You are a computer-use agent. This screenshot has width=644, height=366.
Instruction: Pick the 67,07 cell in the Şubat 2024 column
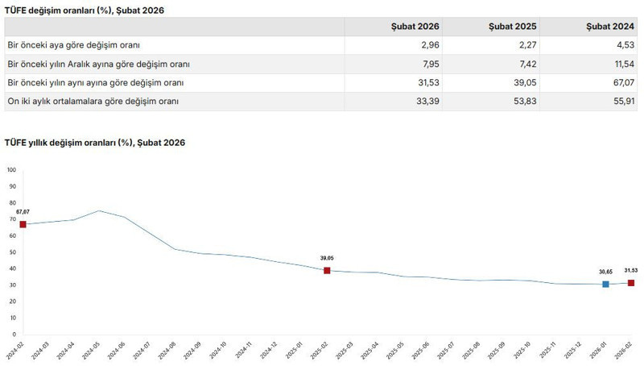(x=621, y=83)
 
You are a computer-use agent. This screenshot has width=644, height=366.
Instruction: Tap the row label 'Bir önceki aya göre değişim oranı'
(x=73, y=45)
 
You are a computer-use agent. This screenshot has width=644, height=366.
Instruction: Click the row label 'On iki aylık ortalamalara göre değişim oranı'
(x=93, y=102)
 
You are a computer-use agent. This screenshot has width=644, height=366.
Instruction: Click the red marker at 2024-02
(x=23, y=224)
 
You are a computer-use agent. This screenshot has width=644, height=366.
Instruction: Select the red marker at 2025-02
(x=327, y=271)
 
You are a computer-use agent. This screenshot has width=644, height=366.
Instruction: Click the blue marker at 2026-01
(x=605, y=284)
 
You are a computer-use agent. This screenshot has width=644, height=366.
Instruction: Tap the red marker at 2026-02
(x=630, y=283)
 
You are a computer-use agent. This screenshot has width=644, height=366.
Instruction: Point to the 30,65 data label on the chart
(x=605, y=272)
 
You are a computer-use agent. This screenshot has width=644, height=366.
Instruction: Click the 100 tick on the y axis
(x=11, y=170)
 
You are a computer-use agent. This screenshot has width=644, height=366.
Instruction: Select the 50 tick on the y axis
(x=12, y=252)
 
